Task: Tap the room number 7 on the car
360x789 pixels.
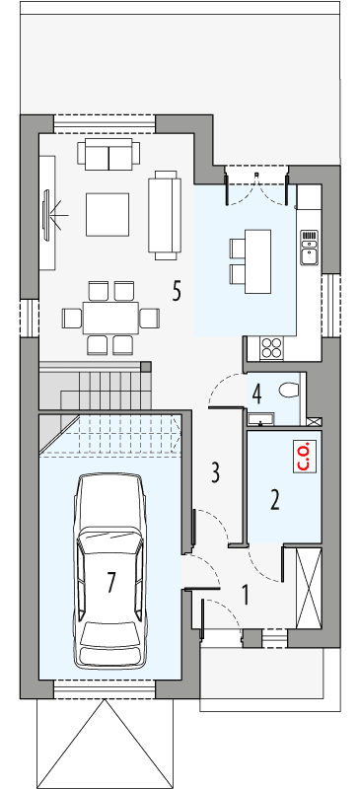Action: [x=110, y=582]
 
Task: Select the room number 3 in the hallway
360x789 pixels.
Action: [x=214, y=472]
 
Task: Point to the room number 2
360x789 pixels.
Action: [x=275, y=499]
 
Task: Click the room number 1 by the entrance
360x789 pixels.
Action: [x=247, y=595]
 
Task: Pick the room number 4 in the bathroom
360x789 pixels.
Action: [x=256, y=394]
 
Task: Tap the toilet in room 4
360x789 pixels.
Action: [x=289, y=390]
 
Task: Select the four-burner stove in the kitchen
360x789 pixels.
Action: [x=269, y=347]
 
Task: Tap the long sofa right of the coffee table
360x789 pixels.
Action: [x=164, y=213]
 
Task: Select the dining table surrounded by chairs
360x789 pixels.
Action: [x=109, y=318]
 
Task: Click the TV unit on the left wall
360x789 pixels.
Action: [x=48, y=214]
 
